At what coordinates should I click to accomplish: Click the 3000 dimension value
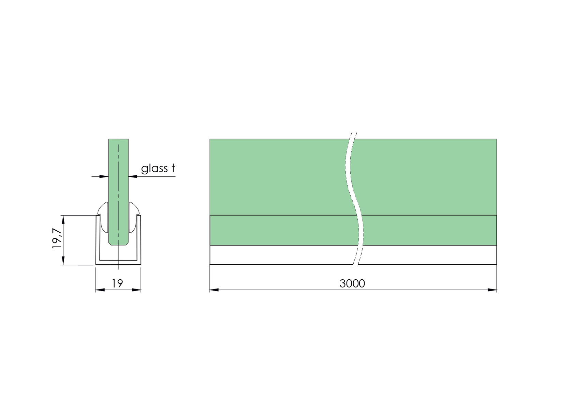click(x=352, y=283)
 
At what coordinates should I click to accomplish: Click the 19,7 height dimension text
click(x=57, y=238)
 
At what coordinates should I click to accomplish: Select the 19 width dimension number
click(x=117, y=283)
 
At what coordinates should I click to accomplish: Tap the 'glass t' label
click(x=158, y=168)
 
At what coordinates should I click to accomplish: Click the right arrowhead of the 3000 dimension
click(x=492, y=290)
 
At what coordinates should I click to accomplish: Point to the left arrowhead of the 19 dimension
click(x=100, y=290)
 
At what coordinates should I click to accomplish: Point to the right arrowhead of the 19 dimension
click(x=136, y=290)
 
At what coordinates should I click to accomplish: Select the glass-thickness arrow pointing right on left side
click(x=104, y=176)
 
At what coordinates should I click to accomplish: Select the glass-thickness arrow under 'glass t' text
click(x=133, y=176)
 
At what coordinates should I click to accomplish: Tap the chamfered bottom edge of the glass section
click(x=118, y=244)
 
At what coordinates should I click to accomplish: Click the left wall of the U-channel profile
click(x=98, y=240)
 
